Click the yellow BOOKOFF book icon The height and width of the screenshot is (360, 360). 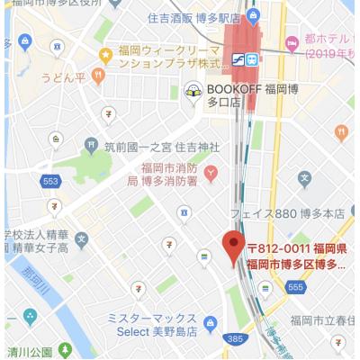192,90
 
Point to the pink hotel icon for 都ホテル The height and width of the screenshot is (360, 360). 292,42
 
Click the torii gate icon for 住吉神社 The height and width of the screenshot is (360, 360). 90,144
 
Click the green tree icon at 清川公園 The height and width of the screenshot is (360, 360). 64,348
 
